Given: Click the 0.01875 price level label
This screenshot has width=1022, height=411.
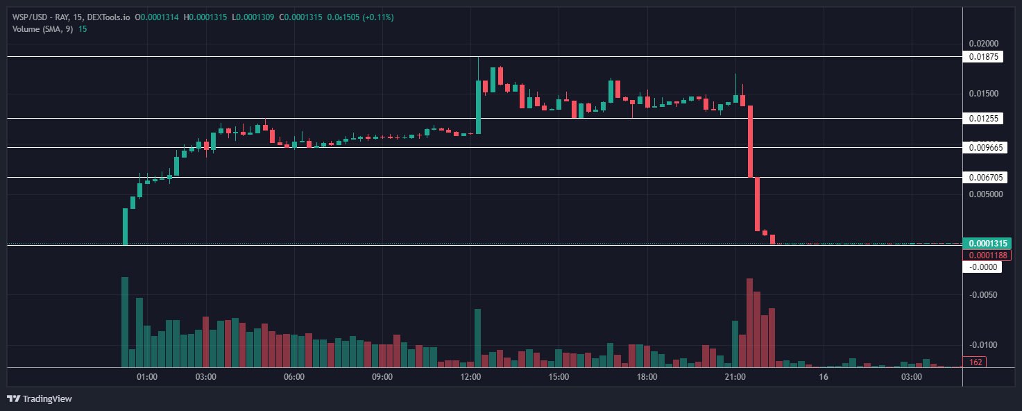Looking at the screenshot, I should (983, 57).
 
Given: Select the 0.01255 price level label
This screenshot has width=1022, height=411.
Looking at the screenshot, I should (983, 119).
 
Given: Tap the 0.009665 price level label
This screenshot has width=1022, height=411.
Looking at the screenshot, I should (985, 147).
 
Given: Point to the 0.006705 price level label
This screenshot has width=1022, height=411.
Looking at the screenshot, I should (985, 178).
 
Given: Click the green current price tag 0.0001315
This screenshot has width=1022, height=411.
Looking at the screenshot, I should (987, 244).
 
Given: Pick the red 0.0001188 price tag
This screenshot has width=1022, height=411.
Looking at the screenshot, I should (987, 255).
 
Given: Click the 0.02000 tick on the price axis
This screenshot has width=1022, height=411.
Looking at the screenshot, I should (985, 43).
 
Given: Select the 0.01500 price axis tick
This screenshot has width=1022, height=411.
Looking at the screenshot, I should (985, 94).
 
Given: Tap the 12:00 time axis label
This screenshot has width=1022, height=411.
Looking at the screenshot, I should (470, 377).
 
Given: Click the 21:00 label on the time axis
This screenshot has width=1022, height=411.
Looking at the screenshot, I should (735, 377).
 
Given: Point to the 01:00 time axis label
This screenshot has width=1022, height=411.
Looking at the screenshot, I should (146, 377).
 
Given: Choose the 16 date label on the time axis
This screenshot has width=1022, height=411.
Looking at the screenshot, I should (824, 377).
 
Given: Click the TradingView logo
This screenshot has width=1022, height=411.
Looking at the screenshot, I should (40, 399).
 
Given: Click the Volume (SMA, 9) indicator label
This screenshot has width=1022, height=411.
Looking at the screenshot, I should (42, 28).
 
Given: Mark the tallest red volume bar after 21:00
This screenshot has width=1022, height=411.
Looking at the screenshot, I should (749, 323).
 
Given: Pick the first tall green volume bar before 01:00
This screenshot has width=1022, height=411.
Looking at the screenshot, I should (125, 322).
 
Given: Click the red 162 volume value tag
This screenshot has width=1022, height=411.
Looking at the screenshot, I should (975, 362).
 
